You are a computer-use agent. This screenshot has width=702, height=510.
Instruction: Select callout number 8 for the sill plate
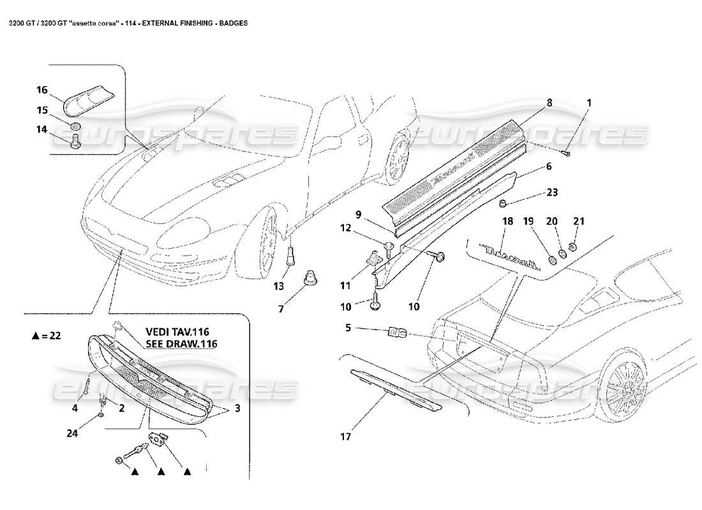548,102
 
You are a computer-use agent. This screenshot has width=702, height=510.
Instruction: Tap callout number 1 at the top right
589,102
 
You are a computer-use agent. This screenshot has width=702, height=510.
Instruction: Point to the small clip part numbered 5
397,331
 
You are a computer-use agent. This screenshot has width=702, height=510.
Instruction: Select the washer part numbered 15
76,125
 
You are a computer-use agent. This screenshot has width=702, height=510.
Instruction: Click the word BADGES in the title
235,22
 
